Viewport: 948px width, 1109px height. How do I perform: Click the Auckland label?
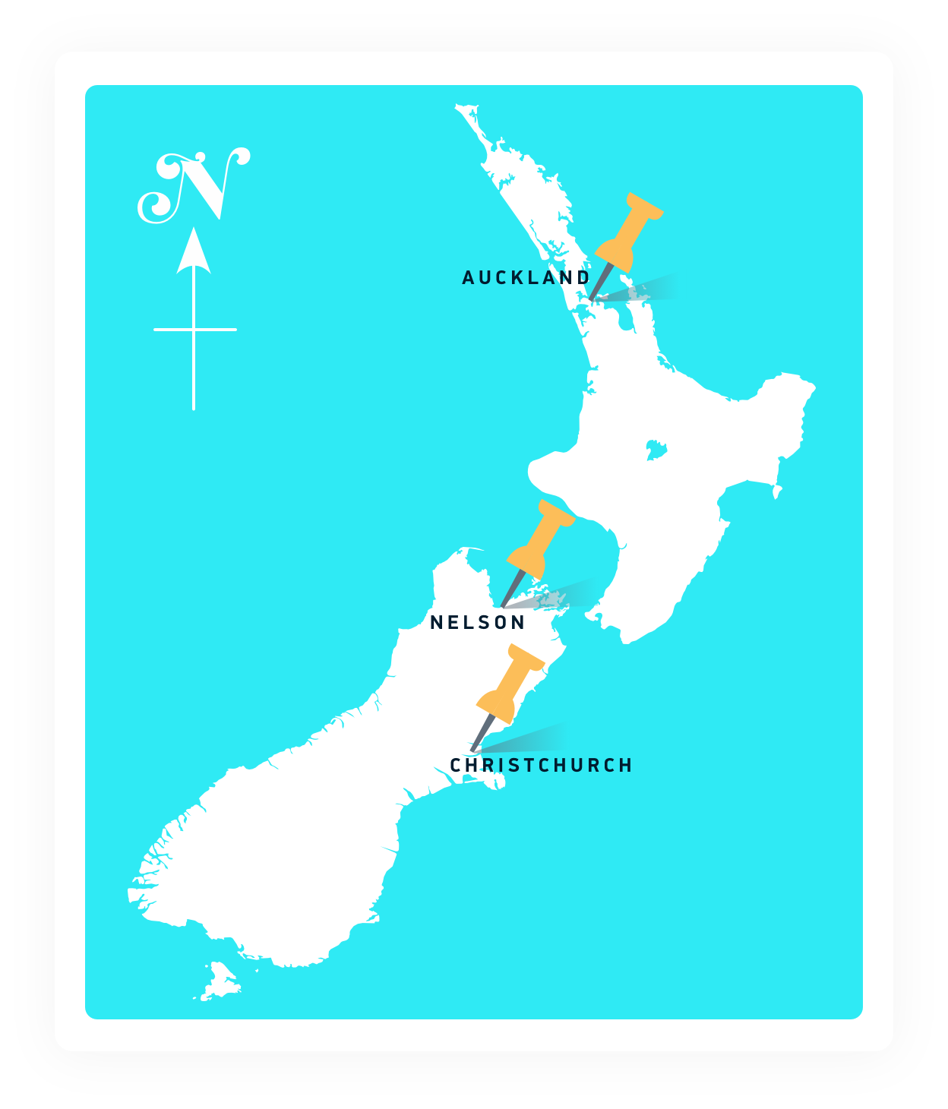pyautogui.click(x=526, y=278)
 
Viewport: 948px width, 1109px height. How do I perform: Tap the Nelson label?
pyautogui.click(x=477, y=623)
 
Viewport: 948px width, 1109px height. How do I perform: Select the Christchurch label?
pyautogui.click(x=541, y=766)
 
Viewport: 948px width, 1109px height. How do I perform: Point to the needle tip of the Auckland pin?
pyautogui.click(x=591, y=301)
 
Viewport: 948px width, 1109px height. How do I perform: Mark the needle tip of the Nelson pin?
pyautogui.click(x=502, y=608)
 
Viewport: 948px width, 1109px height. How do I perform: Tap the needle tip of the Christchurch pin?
pyautogui.click(x=472, y=751)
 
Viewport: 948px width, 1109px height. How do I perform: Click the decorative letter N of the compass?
pyautogui.click(x=194, y=186)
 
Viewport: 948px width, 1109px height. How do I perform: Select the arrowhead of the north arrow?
pyautogui.click(x=194, y=251)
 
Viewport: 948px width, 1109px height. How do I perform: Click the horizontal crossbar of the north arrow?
pyautogui.click(x=194, y=330)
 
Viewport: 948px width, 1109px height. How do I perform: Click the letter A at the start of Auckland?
pyautogui.click(x=468, y=278)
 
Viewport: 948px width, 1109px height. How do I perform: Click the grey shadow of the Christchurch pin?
pyautogui.click(x=532, y=738)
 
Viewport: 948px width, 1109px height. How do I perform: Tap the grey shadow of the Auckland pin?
pyautogui.click(x=642, y=290)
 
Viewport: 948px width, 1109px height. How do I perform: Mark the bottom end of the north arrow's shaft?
pyautogui.click(x=194, y=407)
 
